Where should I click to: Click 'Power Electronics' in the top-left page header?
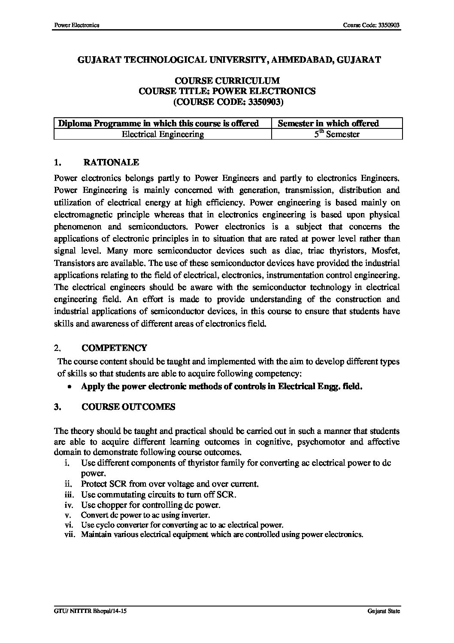click(x=76, y=25)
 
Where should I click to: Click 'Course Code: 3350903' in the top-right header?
click(x=372, y=25)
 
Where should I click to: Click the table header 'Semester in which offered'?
click(x=328, y=123)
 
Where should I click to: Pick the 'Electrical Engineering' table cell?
click(x=163, y=134)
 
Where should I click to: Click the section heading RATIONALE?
click(x=111, y=162)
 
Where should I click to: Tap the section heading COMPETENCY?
click(x=114, y=347)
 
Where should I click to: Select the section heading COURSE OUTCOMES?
click(x=128, y=407)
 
